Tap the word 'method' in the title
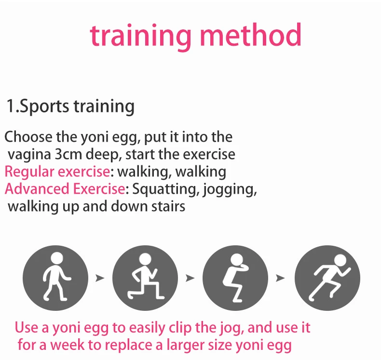(x=250, y=35)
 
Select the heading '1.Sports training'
(x=70, y=106)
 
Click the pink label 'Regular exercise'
(x=57, y=172)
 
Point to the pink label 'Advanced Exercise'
(x=65, y=189)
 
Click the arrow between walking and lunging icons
(x=100, y=278)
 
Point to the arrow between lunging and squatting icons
(x=190, y=278)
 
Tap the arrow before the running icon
(x=280, y=278)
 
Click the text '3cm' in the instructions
(x=68, y=154)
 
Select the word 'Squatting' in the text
(x=164, y=189)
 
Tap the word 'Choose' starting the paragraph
(x=28, y=137)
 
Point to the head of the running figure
(x=340, y=260)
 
